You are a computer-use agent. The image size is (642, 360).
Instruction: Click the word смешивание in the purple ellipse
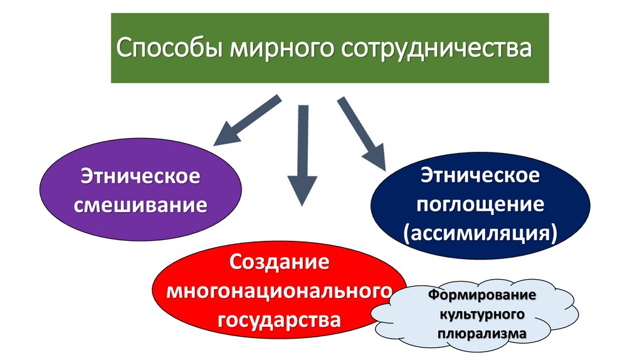pos(141,204)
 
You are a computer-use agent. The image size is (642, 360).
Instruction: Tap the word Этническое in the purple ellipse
pos(141,176)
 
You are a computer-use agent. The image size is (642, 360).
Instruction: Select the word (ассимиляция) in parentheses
pos(480,233)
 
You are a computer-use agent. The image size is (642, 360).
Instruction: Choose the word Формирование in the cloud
pos(481,295)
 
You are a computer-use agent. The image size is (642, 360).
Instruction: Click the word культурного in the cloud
pos(481,314)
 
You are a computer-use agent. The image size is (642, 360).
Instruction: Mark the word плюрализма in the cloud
pos(481,334)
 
